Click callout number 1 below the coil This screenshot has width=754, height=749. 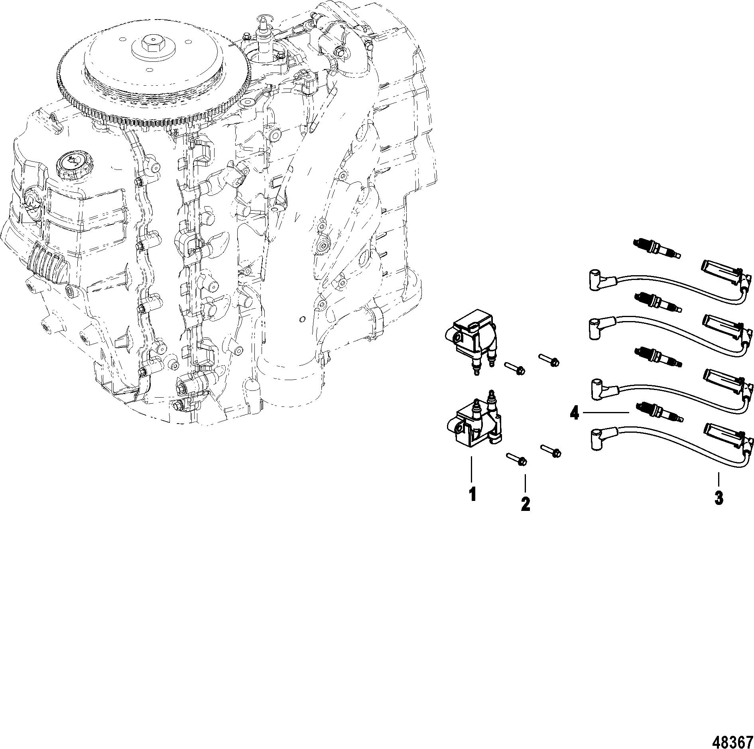(472, 495)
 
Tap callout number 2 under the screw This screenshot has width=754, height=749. (526, 504)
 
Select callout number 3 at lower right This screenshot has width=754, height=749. (719, 498)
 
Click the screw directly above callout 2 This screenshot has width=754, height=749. (517, 459)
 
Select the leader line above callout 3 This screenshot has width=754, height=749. (719, 479)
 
